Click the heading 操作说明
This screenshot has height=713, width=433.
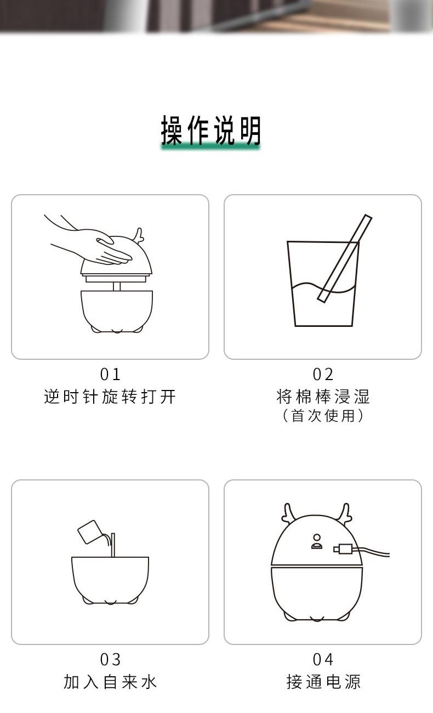(x=210, y=131)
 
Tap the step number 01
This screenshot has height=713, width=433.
(x=110, y=374)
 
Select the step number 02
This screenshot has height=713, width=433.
(x=323, y=374)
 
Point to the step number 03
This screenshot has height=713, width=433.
(x=110, y=659)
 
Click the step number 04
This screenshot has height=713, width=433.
(x=323, y=659)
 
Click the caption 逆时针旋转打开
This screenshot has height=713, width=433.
(x=110, y=397)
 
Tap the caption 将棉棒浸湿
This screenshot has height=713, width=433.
(x=323, y=397)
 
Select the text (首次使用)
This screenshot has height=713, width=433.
(x=323, y=416)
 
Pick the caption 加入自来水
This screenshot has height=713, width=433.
(x=110, y=682)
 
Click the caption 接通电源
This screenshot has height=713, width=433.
(x=323, y=682)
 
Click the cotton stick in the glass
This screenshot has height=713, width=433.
(x=345, y=258)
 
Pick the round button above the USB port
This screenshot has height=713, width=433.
(x=317, y=537)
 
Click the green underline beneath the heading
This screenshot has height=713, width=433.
(x=210, y=146)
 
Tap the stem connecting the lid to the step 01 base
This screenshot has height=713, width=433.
(x=117, y=286)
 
